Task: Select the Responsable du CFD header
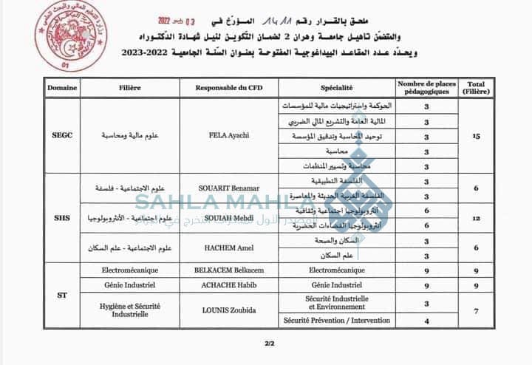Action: (229, 87)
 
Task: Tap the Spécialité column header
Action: (335, 87)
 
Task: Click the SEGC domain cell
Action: (61, 137)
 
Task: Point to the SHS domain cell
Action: (61, 219)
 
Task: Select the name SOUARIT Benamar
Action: (229, 188)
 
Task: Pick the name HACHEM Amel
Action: (229, 248)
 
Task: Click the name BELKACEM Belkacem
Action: (229, 270)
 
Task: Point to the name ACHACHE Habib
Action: (229, 284)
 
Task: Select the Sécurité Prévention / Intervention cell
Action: (335, 321)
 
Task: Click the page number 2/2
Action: (269, 342)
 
